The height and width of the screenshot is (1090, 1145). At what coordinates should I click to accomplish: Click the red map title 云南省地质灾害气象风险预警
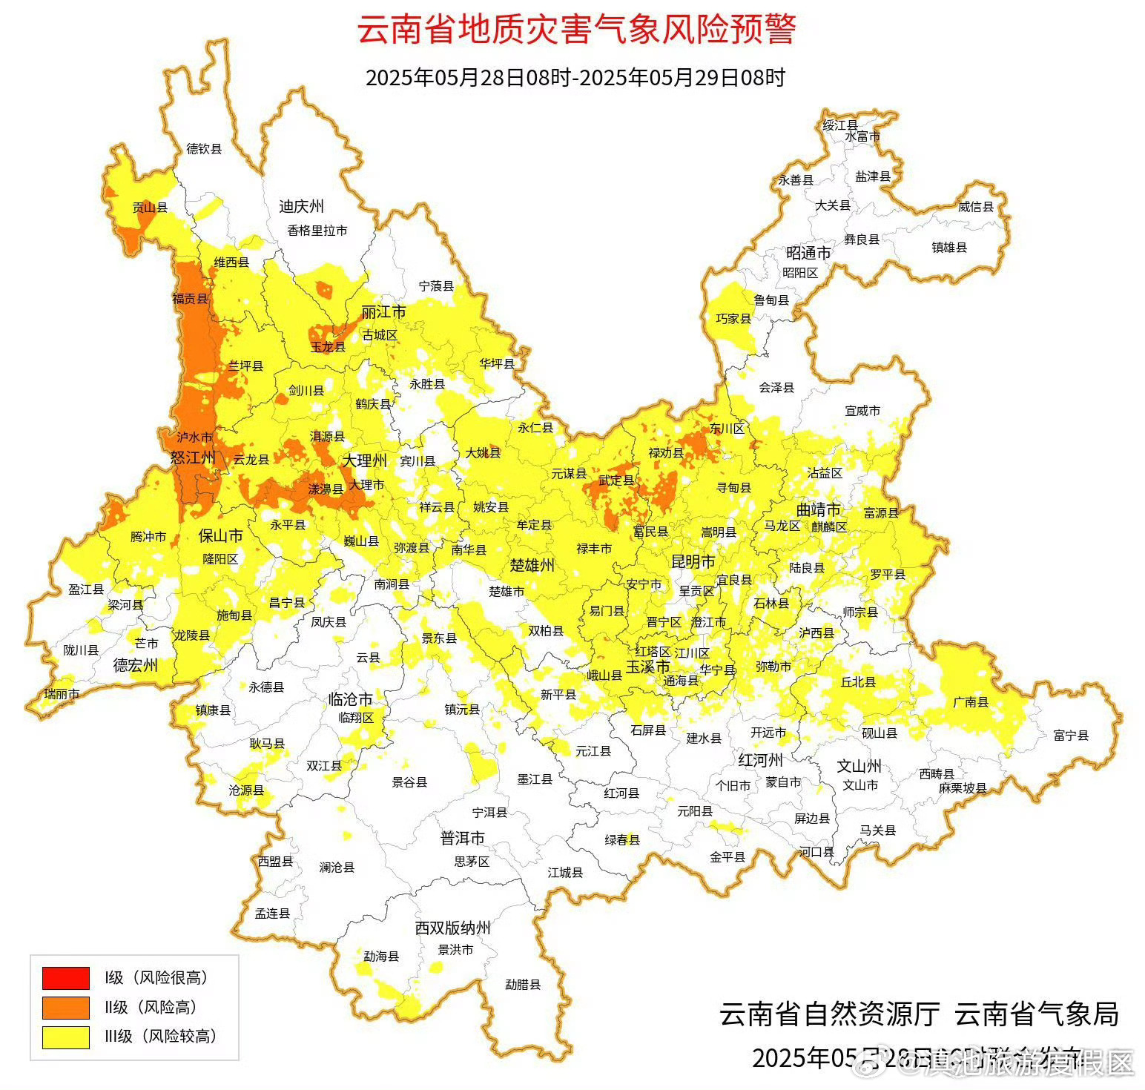[576, 30]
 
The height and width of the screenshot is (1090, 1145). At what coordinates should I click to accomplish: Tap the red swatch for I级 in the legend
[65, 978]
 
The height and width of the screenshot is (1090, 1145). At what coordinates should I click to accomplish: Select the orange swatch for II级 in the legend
[65, 1007]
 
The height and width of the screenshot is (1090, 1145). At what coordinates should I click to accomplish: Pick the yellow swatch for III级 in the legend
[65, 1037]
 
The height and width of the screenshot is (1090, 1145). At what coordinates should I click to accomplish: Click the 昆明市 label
[693, 561]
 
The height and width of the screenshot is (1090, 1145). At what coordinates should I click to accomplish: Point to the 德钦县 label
[204, 148]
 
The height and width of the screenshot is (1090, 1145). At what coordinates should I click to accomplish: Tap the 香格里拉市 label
[317, 230]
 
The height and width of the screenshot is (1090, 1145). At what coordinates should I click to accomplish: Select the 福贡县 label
[191, 299]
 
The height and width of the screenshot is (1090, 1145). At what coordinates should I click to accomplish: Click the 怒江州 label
[193, 458]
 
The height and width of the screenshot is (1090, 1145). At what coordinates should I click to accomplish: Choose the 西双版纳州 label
[452, 928]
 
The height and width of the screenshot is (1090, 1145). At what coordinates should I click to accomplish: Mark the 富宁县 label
[1071, 735]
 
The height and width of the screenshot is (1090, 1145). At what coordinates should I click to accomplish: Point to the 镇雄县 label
[949, 247]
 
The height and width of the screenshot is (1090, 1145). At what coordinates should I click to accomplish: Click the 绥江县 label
[840, 125]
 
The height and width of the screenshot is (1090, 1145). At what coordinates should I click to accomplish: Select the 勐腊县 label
[523, 985]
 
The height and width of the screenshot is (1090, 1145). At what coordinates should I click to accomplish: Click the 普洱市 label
[462, 837]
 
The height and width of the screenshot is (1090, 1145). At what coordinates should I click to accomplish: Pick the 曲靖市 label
[818, 509]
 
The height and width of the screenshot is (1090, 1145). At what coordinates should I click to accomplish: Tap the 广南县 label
[971, 701]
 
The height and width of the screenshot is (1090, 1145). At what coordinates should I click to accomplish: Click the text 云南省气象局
[1036, 1014]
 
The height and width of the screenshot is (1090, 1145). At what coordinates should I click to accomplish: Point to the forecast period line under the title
[575, 77]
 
